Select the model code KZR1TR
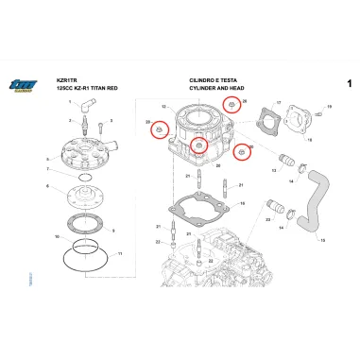pyautogui.click(x=67, y=82)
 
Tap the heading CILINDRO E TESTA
pyautogui.click(x=211, y=82)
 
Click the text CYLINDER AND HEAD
pyautogui.click(x=214, y=89)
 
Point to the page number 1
pyautogui.click(x=349, y=84)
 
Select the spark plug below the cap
pyautogui.click(x=85, y=123)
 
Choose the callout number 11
pyautogui.click(x=120, y=254)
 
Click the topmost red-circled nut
pyautogui.click(x=229, y=104)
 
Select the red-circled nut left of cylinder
pyautogui.click(x=160, y=128)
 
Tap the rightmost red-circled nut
pyautogui.click(x=243, y=150)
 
